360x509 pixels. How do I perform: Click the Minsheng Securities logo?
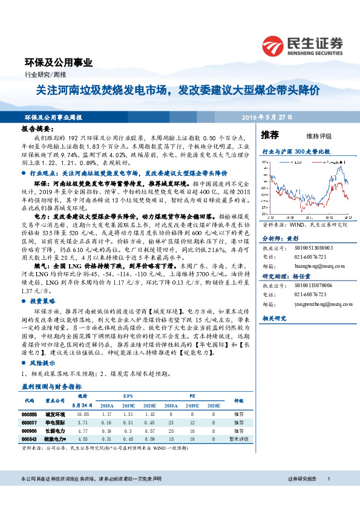[x=303, y=45]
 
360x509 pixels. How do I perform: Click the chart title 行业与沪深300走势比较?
[x=296, y=152]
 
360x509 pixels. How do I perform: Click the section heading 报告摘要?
[x=37, y=129]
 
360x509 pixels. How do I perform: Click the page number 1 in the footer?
[x=328, y=496]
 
